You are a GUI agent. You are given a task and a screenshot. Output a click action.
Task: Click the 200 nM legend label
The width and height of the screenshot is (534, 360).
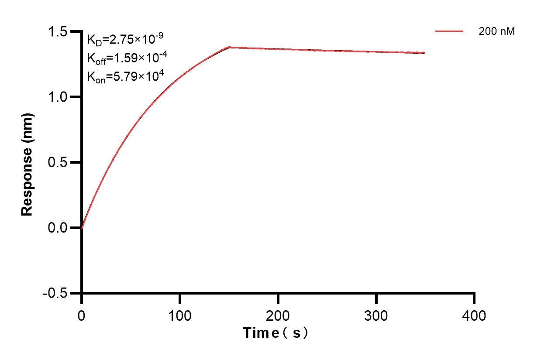[x=497, y=31]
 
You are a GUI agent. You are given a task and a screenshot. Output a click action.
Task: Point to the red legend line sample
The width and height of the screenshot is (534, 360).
[x=449, y=31]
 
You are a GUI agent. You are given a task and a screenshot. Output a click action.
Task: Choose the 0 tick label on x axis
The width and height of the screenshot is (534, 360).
[x=82, y=315]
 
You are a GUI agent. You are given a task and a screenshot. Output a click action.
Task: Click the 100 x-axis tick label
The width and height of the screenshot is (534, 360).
[x=180, y=315]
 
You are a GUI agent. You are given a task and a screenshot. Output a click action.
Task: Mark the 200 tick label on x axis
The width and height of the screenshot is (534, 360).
[x=278, y=315]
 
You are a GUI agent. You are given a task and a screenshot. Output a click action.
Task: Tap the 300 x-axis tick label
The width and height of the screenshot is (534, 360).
[x=376, y=315]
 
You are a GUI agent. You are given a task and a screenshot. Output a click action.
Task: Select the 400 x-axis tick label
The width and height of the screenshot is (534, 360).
[x=474, y=315]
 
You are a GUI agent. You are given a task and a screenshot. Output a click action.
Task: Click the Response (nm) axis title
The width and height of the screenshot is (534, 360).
[x=28, y=164]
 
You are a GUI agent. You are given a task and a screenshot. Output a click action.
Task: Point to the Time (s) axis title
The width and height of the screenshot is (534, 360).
[x=276, y=333]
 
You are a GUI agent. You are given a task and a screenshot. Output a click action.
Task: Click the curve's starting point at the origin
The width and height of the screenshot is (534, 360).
[x=82, y=228]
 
